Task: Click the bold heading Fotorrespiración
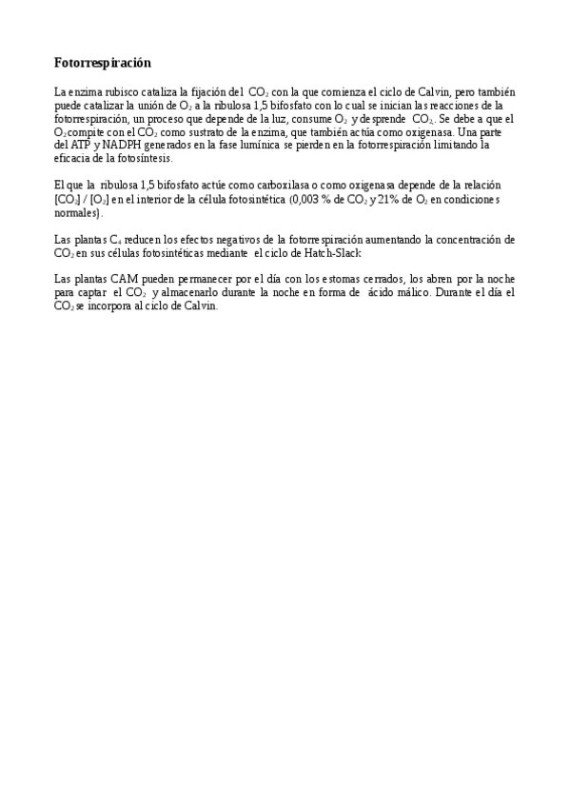pos(103,63)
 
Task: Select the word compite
pos(86,132)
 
